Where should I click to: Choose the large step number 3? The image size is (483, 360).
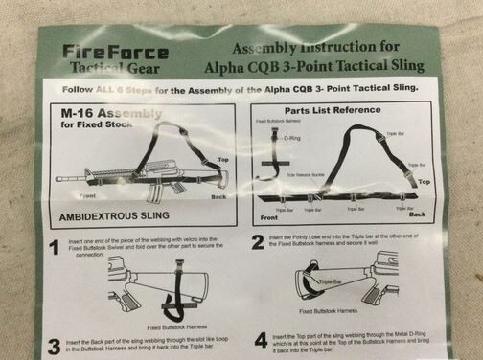55,346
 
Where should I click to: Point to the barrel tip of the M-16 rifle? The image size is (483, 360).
58,178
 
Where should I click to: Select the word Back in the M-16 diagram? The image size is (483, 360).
218,197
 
